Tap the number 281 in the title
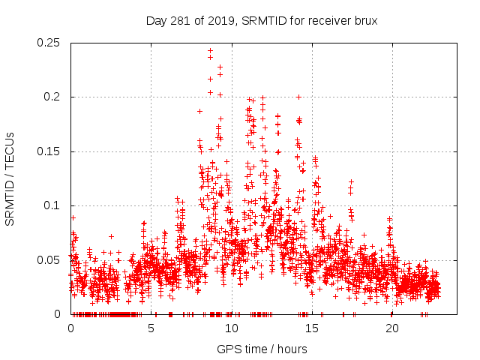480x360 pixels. [178, 20]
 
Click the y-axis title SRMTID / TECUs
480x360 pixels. [10, 178]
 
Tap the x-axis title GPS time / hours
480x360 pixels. [261, 349]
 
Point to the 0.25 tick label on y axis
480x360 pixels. [49, 43]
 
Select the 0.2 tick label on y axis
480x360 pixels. [53, 97]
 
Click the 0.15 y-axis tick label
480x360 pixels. [49, 151]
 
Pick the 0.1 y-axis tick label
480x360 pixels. [53, 205]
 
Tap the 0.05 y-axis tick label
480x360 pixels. [49, 260]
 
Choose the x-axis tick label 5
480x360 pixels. [151, 328]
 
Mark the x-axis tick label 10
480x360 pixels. [232, 328]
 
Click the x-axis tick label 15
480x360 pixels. [312, 328]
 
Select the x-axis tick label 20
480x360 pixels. [392, 328]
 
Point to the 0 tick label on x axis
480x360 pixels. [71, 328]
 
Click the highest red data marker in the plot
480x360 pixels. [210, 50]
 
